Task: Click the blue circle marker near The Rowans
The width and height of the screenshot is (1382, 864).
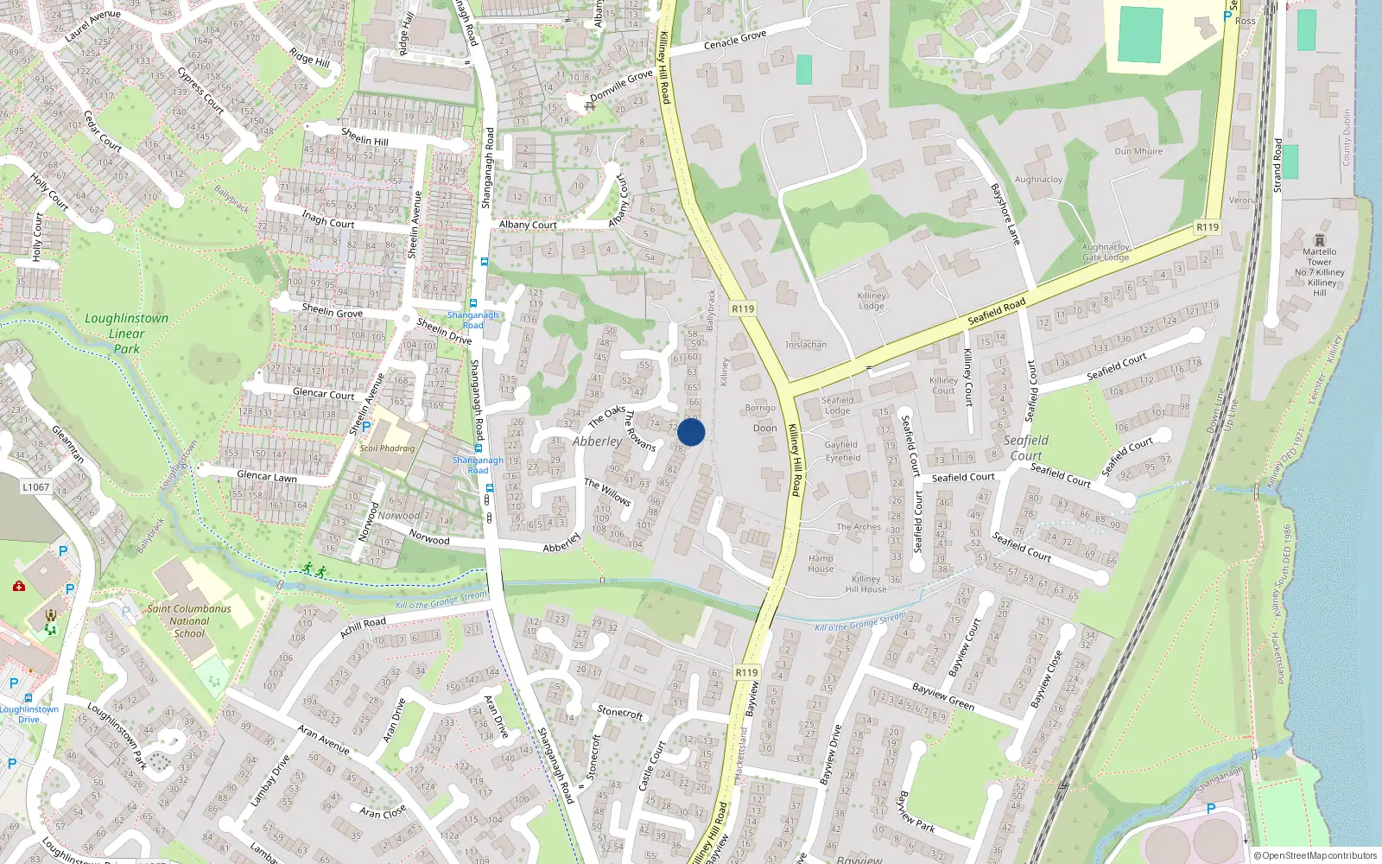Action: click(691, 432)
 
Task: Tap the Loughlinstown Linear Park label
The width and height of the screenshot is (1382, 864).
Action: click(127, 334)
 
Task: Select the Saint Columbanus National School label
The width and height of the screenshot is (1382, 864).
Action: click(189, 620)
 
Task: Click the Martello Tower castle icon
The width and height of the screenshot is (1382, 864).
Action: click(1319, 240)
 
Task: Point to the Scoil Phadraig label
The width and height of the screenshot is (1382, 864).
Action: click(387, 448)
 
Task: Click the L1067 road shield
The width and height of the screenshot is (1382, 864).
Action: click(35, 487)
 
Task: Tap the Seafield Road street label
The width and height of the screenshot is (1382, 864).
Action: click(996, 311)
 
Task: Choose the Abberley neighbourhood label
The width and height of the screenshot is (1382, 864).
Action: click(597, 442)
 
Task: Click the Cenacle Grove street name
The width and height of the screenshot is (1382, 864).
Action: click(734, 41)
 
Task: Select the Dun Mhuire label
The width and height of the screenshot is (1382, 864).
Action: click(1138, 151)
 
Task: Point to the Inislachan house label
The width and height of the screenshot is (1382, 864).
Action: click(806, 345)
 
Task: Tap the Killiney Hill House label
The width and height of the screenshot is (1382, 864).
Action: click(865, 584)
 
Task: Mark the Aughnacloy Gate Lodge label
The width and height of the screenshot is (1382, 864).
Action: click(1106, 252)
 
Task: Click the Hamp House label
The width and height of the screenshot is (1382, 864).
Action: click(821, 563)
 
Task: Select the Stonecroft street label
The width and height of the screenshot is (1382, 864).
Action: click(620, 713)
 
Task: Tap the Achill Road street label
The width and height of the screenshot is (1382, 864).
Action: click(363, 627)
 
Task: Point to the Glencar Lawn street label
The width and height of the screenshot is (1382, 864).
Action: click(267, 476)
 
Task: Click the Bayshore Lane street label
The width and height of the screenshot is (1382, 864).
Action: click(1005, 213)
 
